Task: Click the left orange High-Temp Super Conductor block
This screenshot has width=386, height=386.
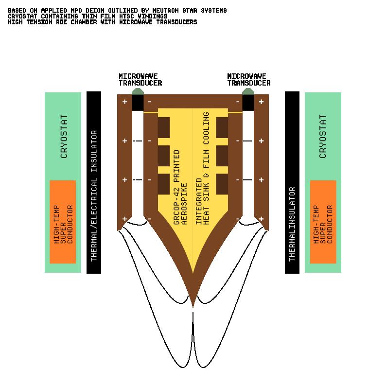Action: (63, 222)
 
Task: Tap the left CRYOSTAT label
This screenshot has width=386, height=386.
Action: (64, 137)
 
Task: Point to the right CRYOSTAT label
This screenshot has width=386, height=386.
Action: (323, 137)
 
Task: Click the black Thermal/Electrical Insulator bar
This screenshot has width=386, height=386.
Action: (94, 182)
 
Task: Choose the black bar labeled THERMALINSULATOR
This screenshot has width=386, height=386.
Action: (292, 182)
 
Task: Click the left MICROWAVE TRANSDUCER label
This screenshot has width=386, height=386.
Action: (140, 80)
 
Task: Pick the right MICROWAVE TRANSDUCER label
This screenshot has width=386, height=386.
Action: (248, 80)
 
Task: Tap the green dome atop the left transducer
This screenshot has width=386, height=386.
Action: (138, 91)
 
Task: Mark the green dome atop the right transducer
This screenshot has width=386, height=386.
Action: (248, 91)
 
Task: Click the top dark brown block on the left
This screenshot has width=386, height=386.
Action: (163, 127)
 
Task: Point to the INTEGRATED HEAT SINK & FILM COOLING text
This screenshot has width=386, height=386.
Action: (203, 168)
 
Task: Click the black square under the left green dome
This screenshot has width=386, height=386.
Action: (138, 103)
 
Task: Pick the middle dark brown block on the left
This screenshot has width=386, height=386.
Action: (163, 156)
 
